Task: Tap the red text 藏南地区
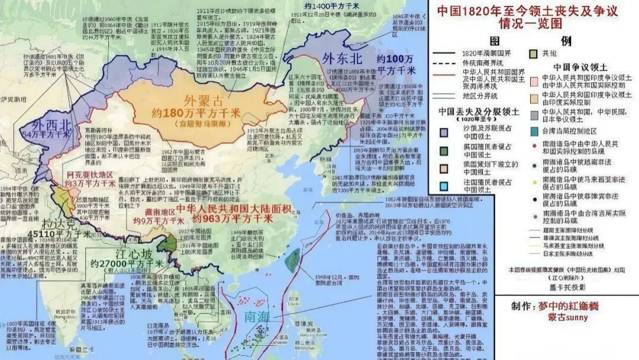[x=154, y=211]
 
